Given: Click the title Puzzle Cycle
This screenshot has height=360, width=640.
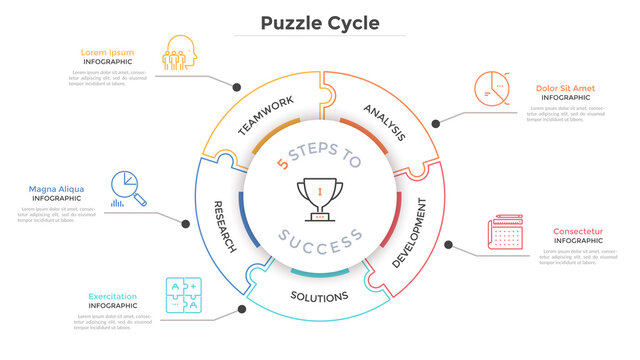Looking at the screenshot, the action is (x=320, y=22).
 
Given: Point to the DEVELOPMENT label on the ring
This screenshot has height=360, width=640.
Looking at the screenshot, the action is (x=409, y=233).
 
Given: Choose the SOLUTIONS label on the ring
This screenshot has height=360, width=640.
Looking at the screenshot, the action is (x=319, y=296).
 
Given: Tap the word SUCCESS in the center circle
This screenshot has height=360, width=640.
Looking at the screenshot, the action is (x=320, y=240).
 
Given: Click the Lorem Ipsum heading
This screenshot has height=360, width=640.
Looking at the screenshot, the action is (x=106, y=52).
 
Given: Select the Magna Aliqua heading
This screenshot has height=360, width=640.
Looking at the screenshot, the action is (x=56, y=189).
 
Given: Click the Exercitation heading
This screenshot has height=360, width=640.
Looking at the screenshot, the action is (x=113, y=296).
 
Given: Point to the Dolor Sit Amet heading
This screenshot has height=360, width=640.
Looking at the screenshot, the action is (x=565, y=88).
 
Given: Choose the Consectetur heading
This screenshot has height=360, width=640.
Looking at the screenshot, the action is (x=577, y=232).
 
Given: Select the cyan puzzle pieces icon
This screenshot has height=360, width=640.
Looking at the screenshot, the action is (x=183, y=296).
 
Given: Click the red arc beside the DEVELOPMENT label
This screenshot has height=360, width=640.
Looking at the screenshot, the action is (x=399, y=213).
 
